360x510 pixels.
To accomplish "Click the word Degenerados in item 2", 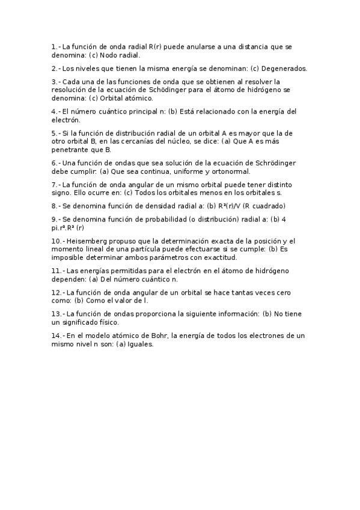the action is (x=284, y=68).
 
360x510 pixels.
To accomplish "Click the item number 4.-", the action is (x=56, y=111).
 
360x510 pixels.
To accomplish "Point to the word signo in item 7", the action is (x=61, y=193).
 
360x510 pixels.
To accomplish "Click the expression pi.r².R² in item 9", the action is (x=71, y=228).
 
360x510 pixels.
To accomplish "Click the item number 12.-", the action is (x=58, y=292).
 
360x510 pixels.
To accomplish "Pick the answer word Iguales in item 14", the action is (x=141, y=344).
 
